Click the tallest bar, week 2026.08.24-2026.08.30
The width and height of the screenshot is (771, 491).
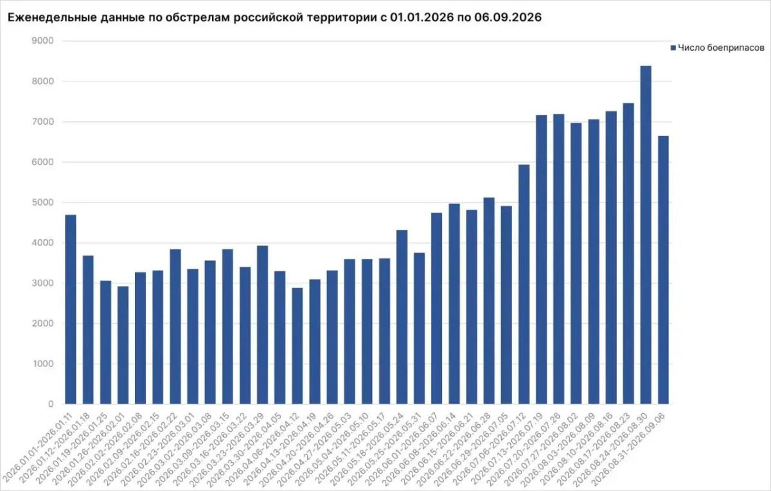click(x=646, y=235)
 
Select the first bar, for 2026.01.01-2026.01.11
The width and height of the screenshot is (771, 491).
click(x=71, y=309)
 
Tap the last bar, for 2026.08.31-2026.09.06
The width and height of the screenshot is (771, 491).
click(x=663, y=270)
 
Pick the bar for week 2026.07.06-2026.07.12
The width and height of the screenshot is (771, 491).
click(x=524, y=284)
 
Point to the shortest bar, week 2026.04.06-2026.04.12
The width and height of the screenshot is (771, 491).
click(x=297, y=346)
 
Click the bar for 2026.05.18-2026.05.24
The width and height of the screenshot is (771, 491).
click(x=402, y=317)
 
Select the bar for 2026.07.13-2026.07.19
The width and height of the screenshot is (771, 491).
click(x=542, y=259)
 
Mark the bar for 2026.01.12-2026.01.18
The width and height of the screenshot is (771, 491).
click(x=88, y=330)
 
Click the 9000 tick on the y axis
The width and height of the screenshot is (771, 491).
click(x=42, y=41)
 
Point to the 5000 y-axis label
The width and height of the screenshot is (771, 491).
click(x=42, y=202)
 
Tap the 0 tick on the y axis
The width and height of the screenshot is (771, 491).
click(x=51, y=404)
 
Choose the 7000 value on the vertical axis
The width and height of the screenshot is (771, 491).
click(x=42, y=121)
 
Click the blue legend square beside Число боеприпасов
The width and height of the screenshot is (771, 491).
click(x=673, y=48)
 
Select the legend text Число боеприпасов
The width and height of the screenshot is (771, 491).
click(x=721, y=48)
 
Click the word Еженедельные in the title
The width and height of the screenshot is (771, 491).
click(x=52, y=17)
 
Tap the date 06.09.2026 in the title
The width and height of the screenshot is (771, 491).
click(x=508, y=17)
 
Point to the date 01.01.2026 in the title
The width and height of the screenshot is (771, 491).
click(x=423, y=17)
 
